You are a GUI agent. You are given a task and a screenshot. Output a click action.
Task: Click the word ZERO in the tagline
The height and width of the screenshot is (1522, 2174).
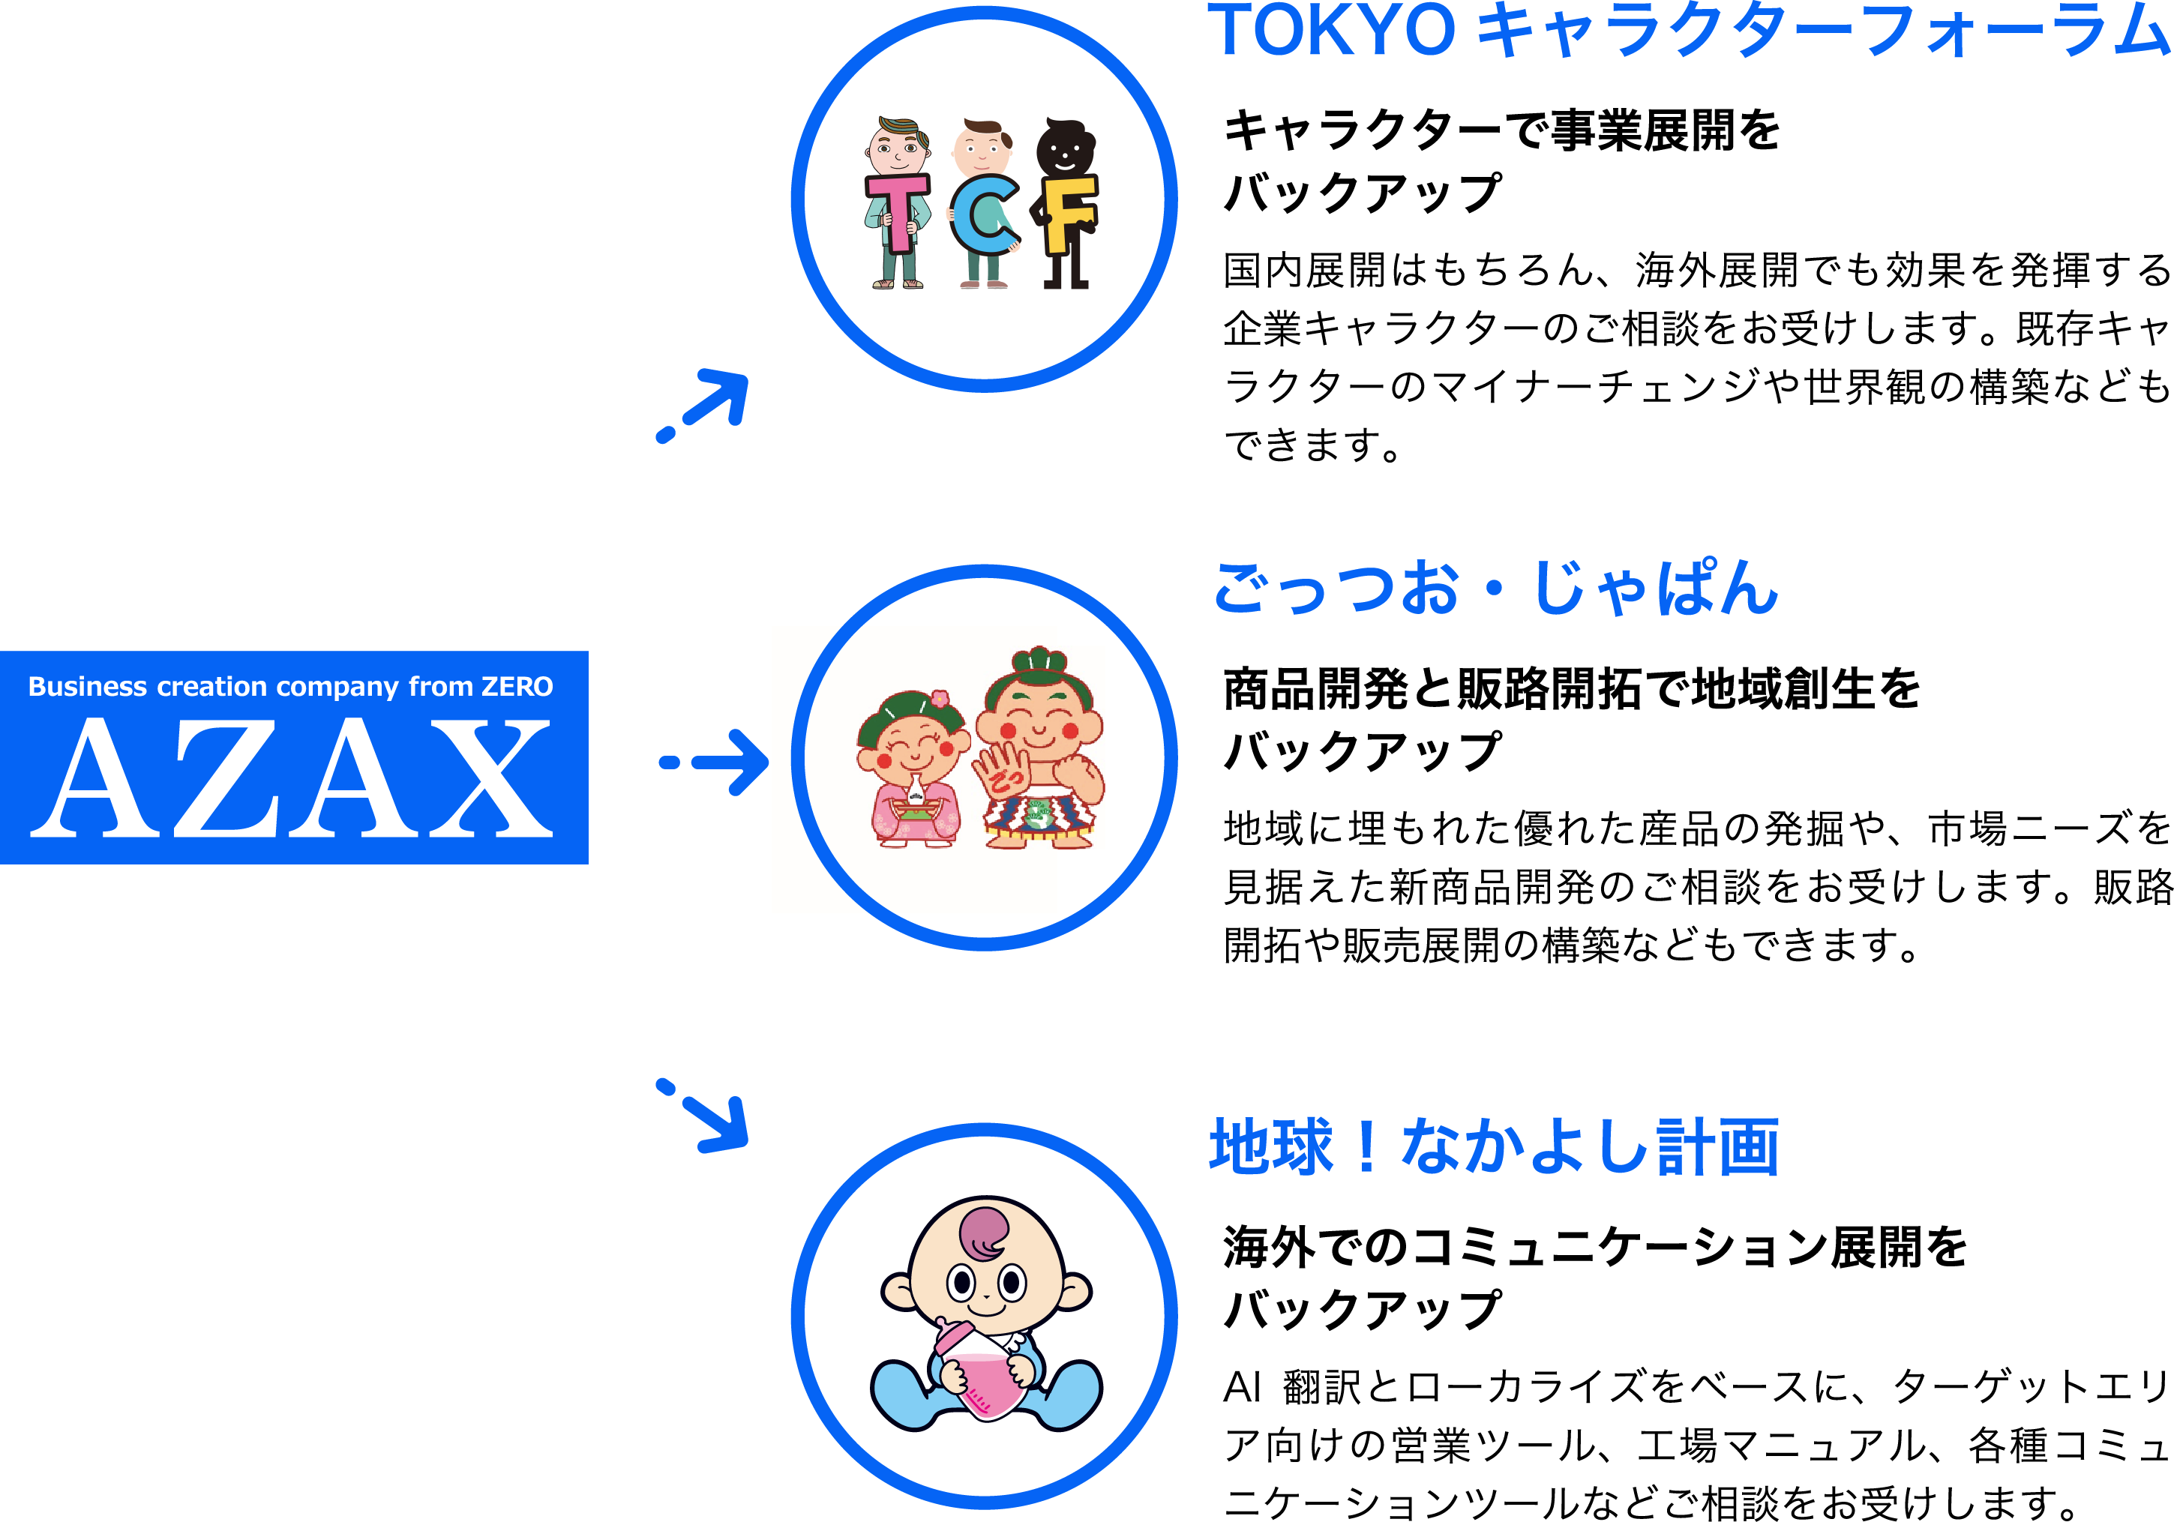tap(517, 686)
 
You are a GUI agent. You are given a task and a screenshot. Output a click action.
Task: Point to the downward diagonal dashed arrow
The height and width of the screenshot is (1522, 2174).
tap(706, 1117)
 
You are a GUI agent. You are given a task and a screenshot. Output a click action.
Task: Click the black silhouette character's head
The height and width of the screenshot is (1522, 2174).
tap(1065, 148)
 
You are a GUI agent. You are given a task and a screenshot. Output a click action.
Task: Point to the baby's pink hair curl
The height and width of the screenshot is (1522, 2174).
tap(985, 1230)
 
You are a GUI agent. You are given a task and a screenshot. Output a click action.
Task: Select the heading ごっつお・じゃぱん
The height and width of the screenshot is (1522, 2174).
tap(1496, 588)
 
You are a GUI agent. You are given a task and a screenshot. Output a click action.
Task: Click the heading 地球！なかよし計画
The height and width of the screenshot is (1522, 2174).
tap(1494, 1147)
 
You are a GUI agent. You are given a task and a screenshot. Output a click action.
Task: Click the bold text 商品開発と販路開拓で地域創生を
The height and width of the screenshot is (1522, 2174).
tap(1572, 688)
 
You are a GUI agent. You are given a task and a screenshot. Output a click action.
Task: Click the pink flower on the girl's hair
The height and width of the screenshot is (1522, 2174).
tap(940, 700)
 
